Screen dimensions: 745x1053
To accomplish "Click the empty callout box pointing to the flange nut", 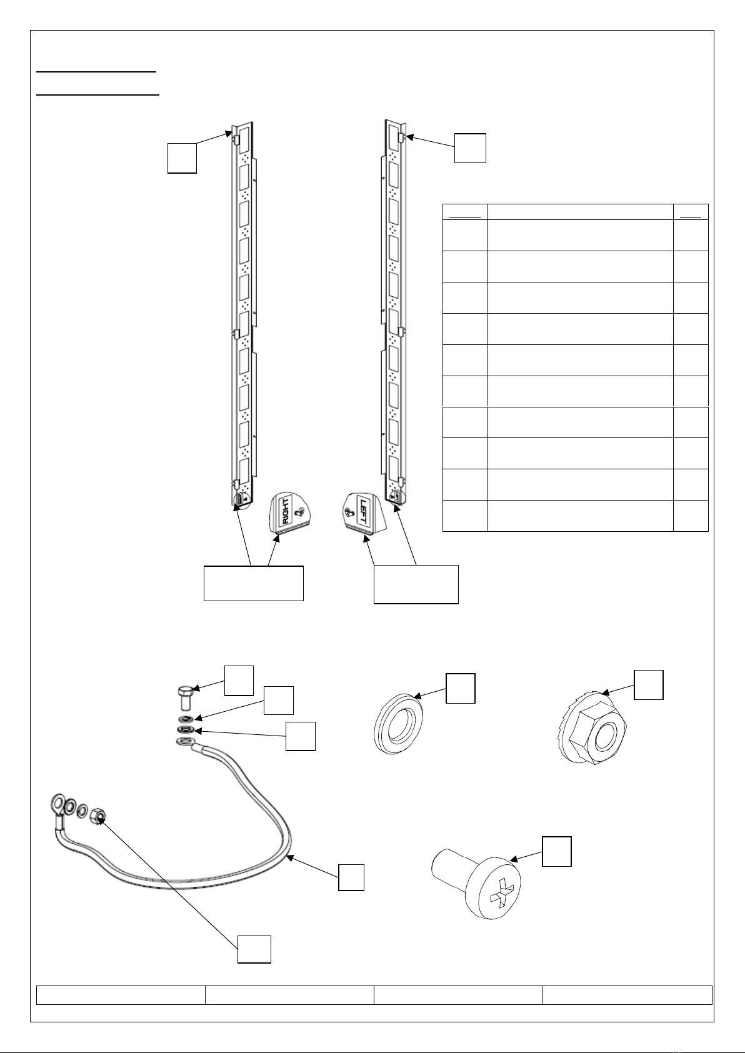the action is (x=649, y=684).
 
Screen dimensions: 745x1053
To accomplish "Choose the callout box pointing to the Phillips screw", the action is (x=556, y=851).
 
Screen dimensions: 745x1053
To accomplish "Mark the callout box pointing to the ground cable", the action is (x=351, y=877).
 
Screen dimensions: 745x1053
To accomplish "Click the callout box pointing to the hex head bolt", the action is (x=239, y=680).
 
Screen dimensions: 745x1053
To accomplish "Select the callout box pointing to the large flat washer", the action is (x=460, y=688).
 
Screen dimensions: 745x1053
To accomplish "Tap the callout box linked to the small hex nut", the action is (x=254, y=949).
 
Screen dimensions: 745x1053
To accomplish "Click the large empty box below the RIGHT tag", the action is (x=253, y=584).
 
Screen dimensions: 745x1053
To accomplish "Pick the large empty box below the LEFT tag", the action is (x=416, y=584).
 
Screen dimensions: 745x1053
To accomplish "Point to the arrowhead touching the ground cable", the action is (x=290, y=857).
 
